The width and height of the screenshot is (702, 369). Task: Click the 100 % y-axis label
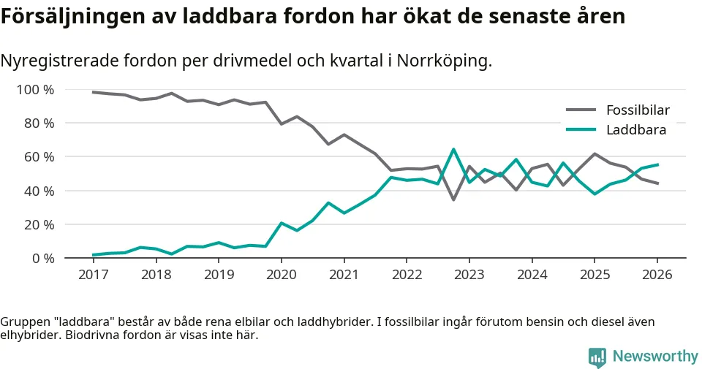pos(34,90)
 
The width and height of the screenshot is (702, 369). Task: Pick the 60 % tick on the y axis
pos(38,157)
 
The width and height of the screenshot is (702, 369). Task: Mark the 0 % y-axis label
pos(42,258)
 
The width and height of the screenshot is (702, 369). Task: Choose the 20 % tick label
pos(38,224)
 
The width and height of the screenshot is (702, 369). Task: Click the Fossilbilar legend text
pos(638,111)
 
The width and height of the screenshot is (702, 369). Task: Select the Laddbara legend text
pos(635,130)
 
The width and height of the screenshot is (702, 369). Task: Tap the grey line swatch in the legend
pos(582,111)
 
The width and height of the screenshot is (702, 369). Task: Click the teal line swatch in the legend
pos(582,130)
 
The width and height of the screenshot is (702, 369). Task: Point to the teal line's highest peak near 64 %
pos(453,150)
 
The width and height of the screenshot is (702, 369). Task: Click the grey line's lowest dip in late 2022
pos(453,199)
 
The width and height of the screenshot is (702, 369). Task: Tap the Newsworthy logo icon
pos(597,357)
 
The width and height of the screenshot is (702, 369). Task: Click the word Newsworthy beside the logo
pos(655,357)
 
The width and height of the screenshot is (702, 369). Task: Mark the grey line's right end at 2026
pos(657,183)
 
